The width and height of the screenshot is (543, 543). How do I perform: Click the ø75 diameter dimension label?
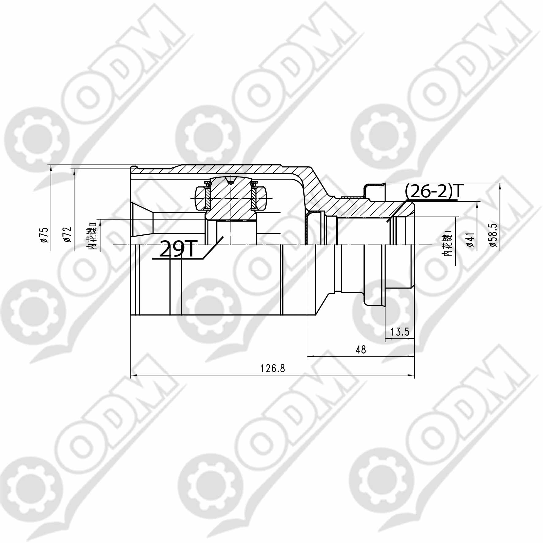[x=44, y=235]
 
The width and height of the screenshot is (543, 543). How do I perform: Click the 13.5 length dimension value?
[x=400, y=332]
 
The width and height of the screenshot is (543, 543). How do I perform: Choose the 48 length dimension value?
[x=361, y=350]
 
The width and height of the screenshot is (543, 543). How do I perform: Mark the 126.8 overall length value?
[x=273, y=368]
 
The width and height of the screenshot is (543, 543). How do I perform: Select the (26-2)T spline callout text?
[x=432, y=192]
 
